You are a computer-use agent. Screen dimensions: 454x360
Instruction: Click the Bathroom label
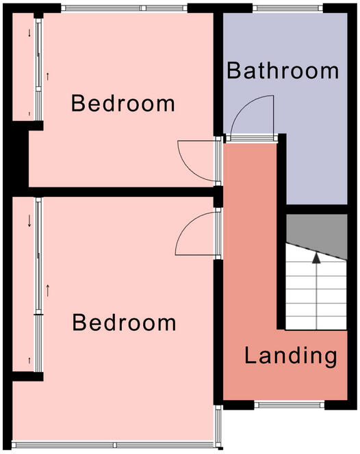[x=283, y=70]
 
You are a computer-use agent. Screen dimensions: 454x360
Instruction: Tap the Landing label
[x=291, y=356]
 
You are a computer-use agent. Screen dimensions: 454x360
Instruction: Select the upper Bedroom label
[x=123, y=104]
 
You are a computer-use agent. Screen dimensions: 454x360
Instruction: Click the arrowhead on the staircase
[x=316, y=258]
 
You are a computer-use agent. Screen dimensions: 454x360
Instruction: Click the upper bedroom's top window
[x=123, y=9]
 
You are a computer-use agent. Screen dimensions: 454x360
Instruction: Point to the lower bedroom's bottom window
[x=113, y=444]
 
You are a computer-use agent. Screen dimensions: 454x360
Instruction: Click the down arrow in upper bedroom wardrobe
[x=29, y=34]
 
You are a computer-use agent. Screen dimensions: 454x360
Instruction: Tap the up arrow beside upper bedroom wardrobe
[x=47, y=76]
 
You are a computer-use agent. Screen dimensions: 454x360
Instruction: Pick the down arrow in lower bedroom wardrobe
[x=29, y=221]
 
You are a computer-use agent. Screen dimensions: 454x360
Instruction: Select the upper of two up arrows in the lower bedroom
[x=48, y=290]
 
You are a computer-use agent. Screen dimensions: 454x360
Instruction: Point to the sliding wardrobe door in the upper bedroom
[x=40, y=68]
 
